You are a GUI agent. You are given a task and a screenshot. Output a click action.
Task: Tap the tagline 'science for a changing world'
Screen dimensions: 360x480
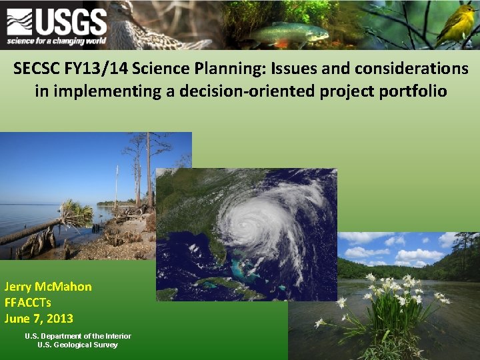[x=56, y=41]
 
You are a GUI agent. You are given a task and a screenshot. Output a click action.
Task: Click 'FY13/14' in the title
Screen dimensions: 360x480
[x=101, y=69]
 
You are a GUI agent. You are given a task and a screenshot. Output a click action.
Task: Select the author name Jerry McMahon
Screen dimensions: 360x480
[x=48, y=287]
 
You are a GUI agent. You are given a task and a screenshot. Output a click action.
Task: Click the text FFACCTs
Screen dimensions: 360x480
[x=28, y=303]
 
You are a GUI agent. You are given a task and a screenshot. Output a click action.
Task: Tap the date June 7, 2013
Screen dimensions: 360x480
[x=39, y=319]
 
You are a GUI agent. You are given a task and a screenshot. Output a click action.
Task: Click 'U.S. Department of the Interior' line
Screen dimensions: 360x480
[x=77, y=336]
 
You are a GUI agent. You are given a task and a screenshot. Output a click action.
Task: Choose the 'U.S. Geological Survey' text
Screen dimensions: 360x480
[x=77, y=345]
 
